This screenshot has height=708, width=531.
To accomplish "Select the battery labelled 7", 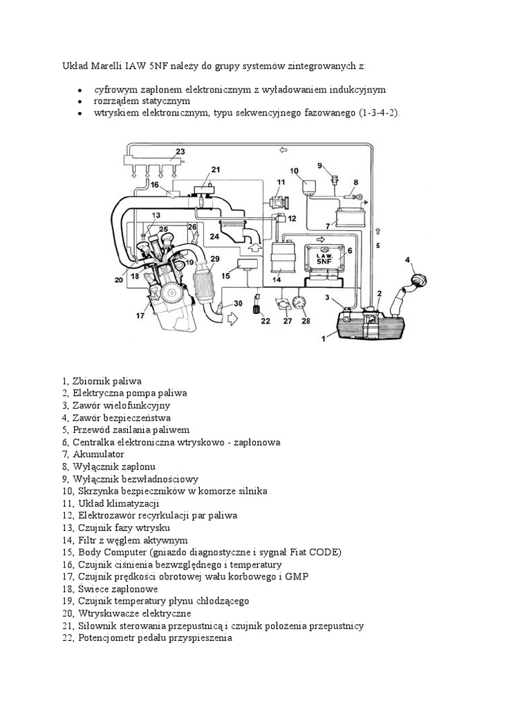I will point(349,217).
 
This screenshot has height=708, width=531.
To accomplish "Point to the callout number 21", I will point(215,169).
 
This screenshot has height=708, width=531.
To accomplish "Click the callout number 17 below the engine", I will point(140,316).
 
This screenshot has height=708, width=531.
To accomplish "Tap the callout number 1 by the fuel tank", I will point(323,339).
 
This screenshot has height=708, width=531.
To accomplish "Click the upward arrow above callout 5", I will point(378,231).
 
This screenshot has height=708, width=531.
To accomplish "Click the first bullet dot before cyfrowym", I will point(80,91).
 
